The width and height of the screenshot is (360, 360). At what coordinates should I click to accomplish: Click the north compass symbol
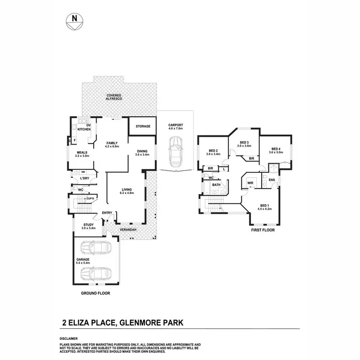(x=74, y=20)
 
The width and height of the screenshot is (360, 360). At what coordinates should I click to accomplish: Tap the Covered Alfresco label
(x=114, y=96)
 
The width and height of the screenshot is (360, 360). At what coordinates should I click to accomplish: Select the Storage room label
(x=143, y=126)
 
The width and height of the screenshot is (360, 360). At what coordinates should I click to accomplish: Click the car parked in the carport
(x=175, y=150)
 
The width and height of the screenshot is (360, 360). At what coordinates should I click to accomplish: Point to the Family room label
(x=111, y=144)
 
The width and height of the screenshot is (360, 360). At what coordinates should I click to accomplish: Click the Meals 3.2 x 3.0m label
(x=82, y=154)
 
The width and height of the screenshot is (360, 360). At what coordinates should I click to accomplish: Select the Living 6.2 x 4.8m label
(x=127, y=191)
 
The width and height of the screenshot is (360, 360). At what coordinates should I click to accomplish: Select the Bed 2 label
(x=213, y=152)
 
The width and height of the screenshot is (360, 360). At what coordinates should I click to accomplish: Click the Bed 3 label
(x=245, y=144)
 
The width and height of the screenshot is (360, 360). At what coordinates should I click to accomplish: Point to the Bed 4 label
(x=276, y=150)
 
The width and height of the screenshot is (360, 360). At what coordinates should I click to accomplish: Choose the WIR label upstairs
(x=250, y=183)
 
